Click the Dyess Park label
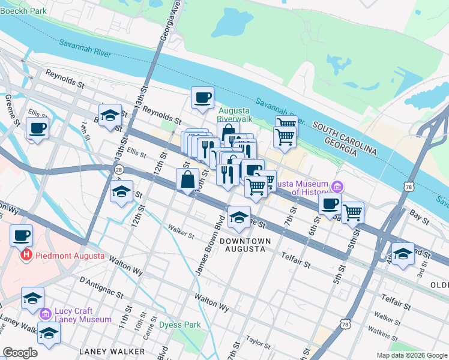(179, 326)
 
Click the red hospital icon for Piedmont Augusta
(26, 256)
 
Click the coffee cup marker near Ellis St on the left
(37, 127)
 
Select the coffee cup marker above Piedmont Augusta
(22, 235)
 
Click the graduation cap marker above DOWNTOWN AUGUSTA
(239, 218)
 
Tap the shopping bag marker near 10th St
(187, 179)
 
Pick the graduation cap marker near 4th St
(403, 253)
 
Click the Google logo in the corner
(20, 353)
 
